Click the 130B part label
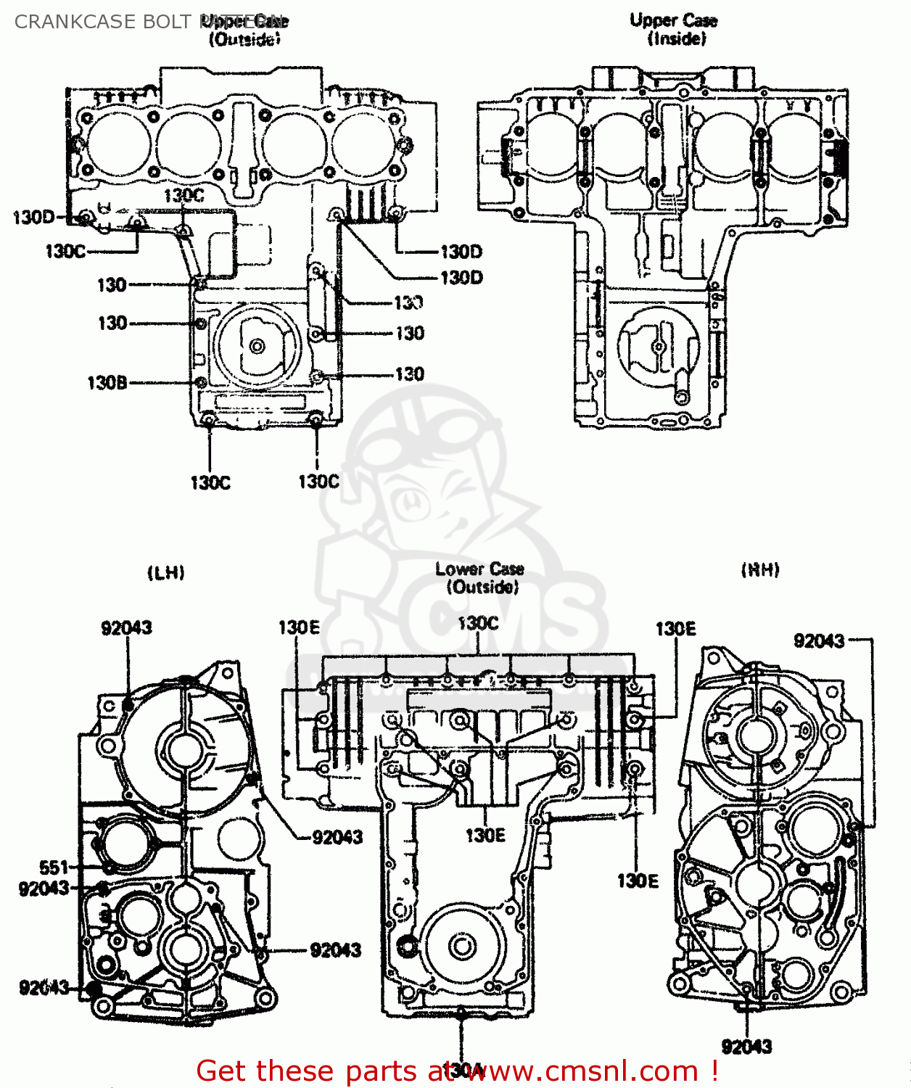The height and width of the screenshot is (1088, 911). [107, 383]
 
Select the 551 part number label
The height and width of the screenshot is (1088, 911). [54, 867]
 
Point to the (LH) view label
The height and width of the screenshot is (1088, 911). [166, 573]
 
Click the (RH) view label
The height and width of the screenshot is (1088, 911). [760, 570]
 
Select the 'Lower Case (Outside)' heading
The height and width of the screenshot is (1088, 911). [479, 578]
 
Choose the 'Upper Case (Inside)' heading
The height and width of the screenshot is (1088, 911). [674, 29]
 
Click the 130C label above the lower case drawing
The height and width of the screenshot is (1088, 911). [478, 623]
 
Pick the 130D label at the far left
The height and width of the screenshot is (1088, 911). [33, 217]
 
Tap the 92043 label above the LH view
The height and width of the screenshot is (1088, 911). [126, 627]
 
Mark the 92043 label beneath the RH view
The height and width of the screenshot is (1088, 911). [746, 1047]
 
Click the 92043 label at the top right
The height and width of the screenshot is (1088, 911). [819, 640]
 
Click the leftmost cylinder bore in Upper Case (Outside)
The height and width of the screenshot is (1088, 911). [118, 143]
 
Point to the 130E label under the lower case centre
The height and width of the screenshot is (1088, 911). [485, 836]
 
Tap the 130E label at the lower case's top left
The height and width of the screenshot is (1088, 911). [299, 627]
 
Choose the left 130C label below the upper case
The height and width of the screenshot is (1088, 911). [210, 482]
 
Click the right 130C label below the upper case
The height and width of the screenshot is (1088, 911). [318, 482]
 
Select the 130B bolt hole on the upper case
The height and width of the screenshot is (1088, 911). [202, 382]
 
